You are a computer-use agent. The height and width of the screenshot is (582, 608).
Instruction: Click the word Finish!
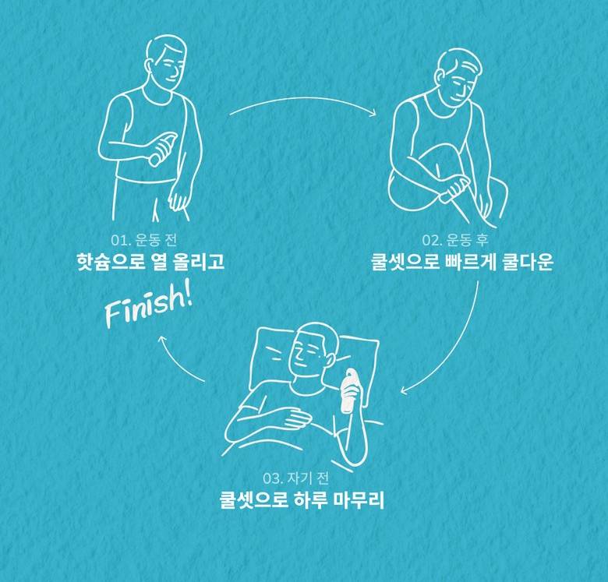(149, 308)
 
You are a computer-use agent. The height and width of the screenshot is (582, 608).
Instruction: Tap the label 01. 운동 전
(144, 240)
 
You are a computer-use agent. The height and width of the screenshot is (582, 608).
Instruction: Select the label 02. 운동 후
(455, 240)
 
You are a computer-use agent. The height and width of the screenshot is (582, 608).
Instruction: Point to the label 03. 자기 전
(296, 478)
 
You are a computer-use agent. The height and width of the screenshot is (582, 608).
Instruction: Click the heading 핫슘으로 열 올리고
(151, 261)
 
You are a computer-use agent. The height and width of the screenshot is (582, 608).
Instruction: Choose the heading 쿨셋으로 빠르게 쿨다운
(462, 261)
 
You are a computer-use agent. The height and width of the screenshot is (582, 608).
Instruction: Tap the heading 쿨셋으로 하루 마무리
(302, 499)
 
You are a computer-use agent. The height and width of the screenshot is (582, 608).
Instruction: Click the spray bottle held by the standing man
(163, 149)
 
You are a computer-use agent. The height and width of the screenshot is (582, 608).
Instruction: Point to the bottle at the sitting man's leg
(454, 190)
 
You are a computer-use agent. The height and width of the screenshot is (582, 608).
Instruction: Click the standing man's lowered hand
(179, 199)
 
